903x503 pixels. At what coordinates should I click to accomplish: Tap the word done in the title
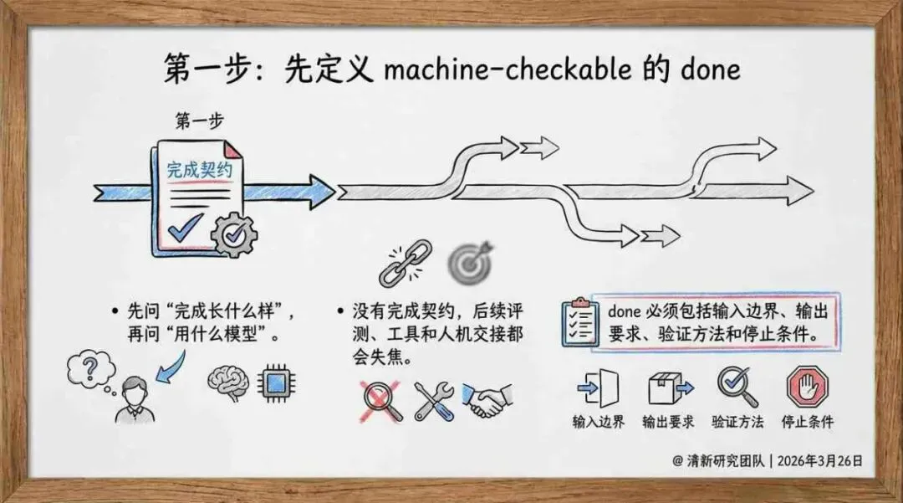point(711,69)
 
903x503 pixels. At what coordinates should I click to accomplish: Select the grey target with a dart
point(469,262)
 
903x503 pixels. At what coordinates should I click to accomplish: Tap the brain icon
point(227,382)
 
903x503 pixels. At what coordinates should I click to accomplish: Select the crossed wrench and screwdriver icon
point(435,400)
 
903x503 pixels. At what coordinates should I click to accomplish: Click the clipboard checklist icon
point(580,321)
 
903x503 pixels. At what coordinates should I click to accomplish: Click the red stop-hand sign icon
point(807,388)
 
